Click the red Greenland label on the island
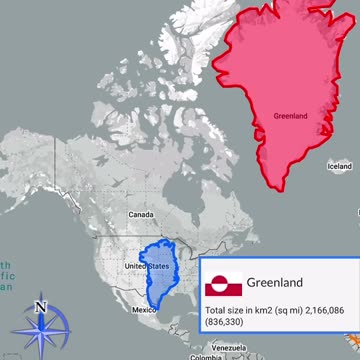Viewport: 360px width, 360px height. click(290, 116)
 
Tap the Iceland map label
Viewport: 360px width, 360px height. click(340, 166)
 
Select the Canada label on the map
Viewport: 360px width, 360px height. click(140, 215)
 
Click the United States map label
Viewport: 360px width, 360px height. click(145, 266)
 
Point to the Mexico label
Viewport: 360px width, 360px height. click(145, 310)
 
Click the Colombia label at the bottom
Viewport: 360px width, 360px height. click(206, 357)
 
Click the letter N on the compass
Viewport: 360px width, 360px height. click(40, 307)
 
